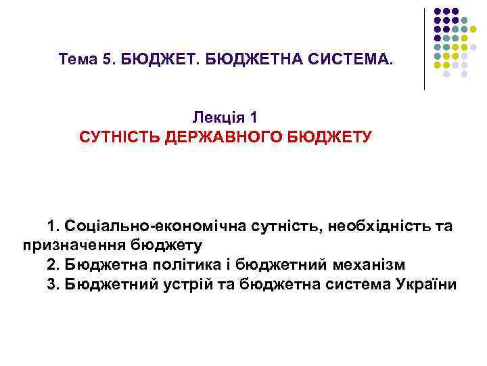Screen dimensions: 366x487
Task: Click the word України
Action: pos(424,283)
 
